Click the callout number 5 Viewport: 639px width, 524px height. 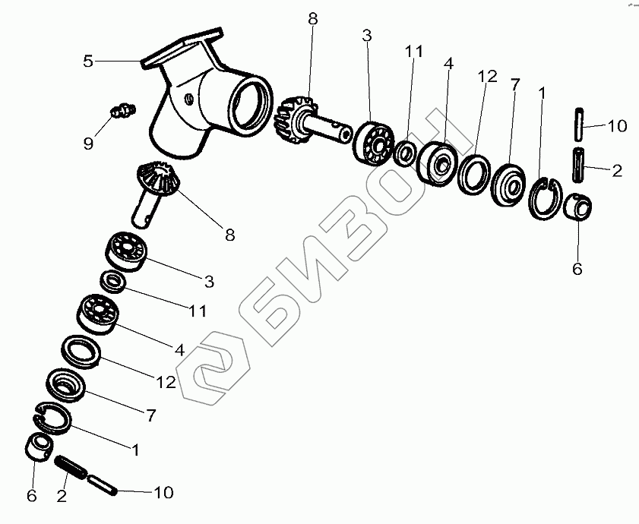coord(88,61)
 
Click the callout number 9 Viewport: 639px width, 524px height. coord(88,143)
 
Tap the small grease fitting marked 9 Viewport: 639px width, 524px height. coord(122,110)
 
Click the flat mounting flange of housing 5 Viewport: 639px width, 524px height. coord(182,48)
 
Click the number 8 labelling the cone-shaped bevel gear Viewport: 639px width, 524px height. coord(230,235)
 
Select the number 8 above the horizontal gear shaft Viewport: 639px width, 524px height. coord(312,19)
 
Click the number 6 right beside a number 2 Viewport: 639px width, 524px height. coord(31,495)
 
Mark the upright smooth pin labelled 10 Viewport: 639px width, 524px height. coord(580,124)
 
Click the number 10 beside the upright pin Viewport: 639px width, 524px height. coord(617,126)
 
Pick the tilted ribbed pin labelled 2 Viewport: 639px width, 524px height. coord(71,467)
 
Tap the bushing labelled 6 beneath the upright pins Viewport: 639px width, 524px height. coord(578,207)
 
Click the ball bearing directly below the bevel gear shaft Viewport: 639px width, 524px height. coord(126,251)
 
